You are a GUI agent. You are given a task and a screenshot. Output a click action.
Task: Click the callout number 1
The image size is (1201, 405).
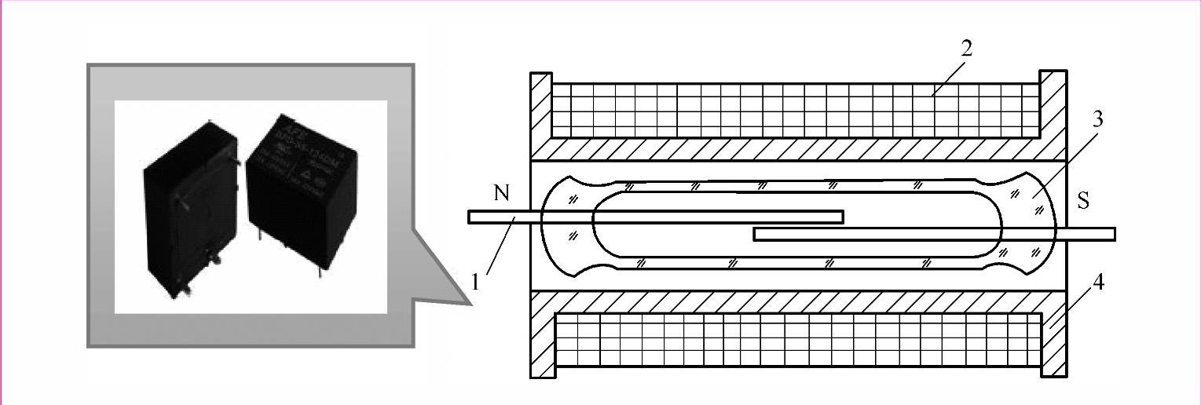(x=476, y=280)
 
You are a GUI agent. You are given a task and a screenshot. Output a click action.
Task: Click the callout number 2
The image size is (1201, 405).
(x=966, y=49)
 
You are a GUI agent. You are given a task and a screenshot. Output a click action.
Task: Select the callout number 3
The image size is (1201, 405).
(x=1097, y=119)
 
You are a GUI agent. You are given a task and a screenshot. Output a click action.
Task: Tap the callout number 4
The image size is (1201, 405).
(x=1098, y=283)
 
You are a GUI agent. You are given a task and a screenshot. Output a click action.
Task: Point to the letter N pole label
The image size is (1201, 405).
(x=502, y=193)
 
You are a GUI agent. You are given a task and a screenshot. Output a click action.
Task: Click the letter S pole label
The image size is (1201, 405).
(x=1083, y=201)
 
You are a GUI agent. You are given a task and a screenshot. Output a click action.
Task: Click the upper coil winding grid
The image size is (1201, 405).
(x=793, y=110)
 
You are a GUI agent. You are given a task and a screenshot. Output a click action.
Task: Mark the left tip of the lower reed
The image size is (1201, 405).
(x=757, y=234)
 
